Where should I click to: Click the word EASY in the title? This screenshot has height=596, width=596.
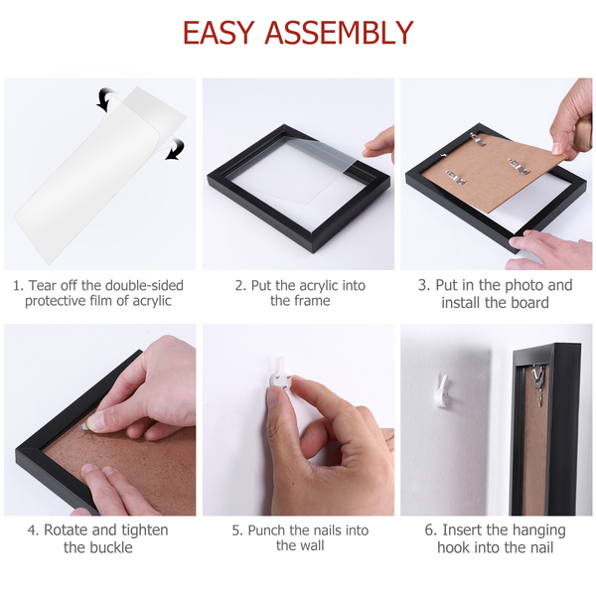[219, 33]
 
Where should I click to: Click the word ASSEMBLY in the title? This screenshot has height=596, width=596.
[339, 33]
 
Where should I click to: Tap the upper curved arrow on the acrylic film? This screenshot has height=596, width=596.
[105, 99]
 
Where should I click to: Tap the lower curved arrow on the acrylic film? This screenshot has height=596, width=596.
[176, 148]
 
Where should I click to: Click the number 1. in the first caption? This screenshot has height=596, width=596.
[19, 286]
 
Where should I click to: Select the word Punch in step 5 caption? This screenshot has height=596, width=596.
[267, 530]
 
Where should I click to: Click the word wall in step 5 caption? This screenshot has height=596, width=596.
[311, 545]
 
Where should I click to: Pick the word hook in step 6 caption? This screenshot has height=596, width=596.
[453, 547]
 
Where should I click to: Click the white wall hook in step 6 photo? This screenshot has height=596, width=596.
[442, 392]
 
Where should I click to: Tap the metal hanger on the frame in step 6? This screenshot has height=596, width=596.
[538, 383]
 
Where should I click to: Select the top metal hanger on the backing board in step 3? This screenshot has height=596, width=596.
[480, 139]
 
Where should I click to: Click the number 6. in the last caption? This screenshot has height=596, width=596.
[431, 529]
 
